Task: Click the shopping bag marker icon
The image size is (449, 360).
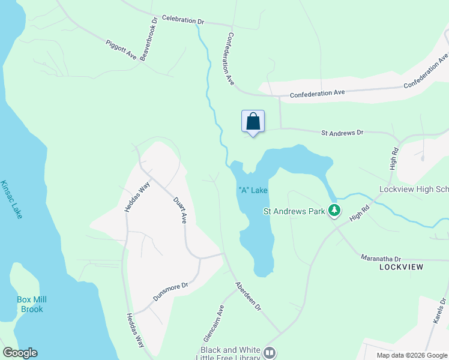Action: (253, 121)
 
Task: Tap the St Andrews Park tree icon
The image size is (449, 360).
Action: (335, 211)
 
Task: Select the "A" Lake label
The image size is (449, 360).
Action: (253, 190)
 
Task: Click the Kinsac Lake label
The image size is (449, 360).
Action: (11, 199)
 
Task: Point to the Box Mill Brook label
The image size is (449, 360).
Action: (31, 304)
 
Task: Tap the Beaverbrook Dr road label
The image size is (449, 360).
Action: (149, 37)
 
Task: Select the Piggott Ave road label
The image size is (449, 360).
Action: (121, 50)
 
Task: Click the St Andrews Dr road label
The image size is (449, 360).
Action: (342, 132)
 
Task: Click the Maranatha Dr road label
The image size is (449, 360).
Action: (381, 257)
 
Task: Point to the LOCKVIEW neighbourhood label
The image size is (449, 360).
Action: (402, 266)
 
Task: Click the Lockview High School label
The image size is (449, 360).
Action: (414, 189)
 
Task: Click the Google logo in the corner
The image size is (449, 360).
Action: (20, 353)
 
